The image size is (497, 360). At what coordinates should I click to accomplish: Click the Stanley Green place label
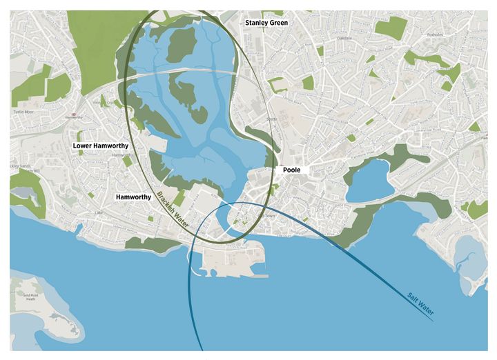[x=267, y=23]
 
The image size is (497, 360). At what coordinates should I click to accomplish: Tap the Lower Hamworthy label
[x=101, y=146]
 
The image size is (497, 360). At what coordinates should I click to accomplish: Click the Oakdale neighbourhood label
[x=344, y=38]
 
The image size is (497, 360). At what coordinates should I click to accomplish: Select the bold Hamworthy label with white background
[x=133, y=197]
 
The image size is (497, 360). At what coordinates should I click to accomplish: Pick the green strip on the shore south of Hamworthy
[x=142, y=241]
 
